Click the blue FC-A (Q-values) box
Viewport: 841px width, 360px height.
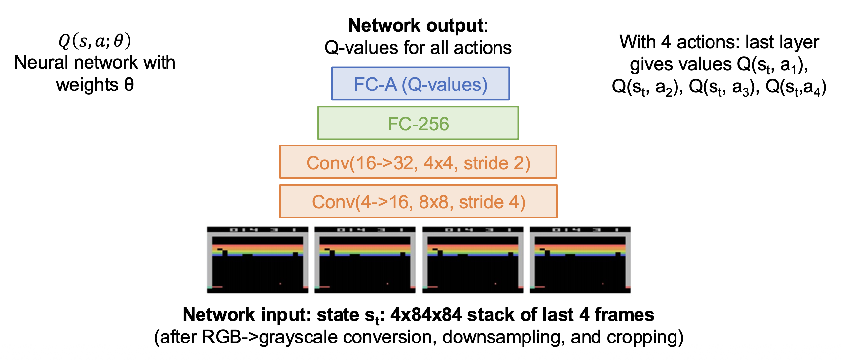coord(420,84)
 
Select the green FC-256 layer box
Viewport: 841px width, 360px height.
coord(418,123)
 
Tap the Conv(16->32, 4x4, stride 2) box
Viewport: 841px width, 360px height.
coord(418,162)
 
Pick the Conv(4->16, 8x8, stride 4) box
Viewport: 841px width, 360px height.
coord(418,201)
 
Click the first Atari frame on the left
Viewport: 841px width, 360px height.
coord(258,260)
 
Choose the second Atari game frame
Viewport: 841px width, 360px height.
coord(365,260)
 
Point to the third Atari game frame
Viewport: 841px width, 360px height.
coord(473,260)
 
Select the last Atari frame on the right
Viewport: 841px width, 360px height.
coord(580,260)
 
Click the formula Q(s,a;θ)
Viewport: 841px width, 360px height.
coord(95,41)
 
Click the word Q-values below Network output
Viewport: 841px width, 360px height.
coord(361,48)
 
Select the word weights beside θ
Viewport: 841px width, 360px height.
coord(87,85)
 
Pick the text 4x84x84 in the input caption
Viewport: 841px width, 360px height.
coord(426,315)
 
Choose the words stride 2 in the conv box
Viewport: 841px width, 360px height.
coord(496,163)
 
